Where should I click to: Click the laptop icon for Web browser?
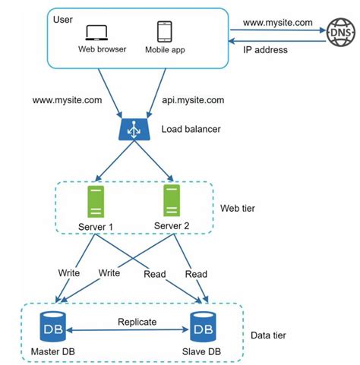coord(96,33)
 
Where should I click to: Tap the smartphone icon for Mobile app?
coord(165,32)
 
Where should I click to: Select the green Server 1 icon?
coord(95,201)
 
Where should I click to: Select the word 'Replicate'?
coord(137,321)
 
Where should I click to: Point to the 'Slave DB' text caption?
coord(202,351)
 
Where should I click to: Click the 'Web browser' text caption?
coord(96,50)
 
